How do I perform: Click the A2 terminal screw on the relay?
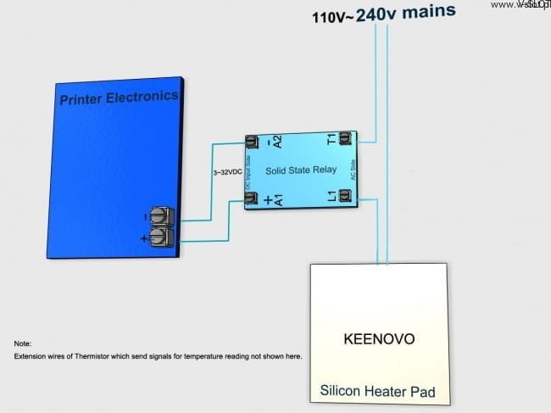[x=251, y=141]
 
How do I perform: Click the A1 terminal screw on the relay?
[x=251, y=199]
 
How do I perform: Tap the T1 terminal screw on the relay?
[x=345, y=137]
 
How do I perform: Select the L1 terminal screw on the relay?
[x=345, y=196]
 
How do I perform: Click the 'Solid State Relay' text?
[x=301, y=170]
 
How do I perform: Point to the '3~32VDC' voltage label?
[x=226, y=172]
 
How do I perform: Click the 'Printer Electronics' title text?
[x=119, y=98]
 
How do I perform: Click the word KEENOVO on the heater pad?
[x=379, y=339]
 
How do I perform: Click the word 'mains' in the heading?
[x=428, y=12]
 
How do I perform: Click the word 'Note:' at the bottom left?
[x=22, y=343]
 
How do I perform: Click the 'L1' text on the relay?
[x=331, y=197]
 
